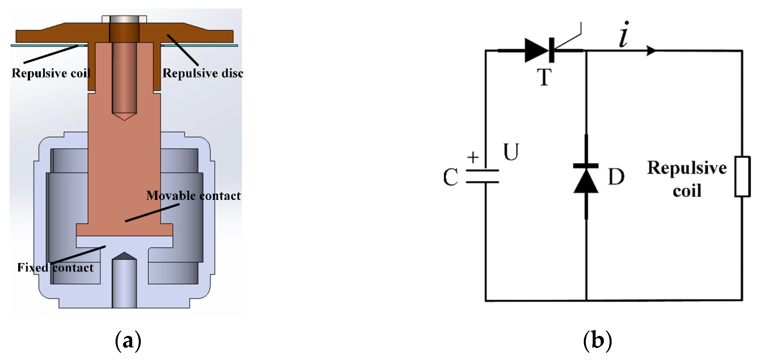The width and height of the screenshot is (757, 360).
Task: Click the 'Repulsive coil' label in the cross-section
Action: pos(50,73)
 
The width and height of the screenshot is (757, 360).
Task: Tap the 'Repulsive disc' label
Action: pos(202,73)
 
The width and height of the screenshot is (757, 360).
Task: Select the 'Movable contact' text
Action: pos(193,196)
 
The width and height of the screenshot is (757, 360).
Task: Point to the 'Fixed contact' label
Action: pos(55,267)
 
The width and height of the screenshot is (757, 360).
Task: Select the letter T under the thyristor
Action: pos(544,77)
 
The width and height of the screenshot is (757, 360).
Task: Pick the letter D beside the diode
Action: pos(616,177)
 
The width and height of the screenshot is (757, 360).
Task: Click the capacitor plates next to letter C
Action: pos(482,176)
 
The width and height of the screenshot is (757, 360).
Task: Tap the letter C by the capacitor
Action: pos(451,177)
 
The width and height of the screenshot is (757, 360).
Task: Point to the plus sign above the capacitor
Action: pos(473,157)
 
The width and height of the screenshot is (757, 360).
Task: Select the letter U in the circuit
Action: pos(511,152)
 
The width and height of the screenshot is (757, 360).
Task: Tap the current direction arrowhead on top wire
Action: pos(651,50)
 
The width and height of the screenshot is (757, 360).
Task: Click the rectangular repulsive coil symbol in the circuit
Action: pos(743,177)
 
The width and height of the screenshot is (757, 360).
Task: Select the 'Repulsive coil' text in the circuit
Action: pos(687,179)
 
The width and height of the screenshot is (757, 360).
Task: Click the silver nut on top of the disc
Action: pos(124,19)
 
